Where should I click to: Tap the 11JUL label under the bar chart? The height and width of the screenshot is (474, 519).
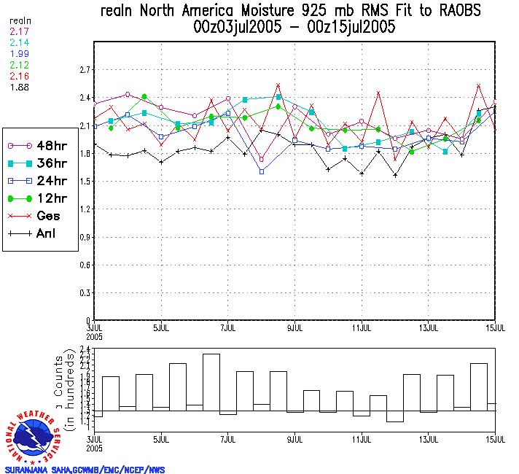click(x=362, y=440)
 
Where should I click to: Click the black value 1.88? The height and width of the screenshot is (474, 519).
click(x=18, y=87)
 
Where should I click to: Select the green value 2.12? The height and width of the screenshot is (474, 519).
click(x=18, y=66)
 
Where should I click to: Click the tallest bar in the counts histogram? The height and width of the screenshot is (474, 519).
click(x=211, y=382)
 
